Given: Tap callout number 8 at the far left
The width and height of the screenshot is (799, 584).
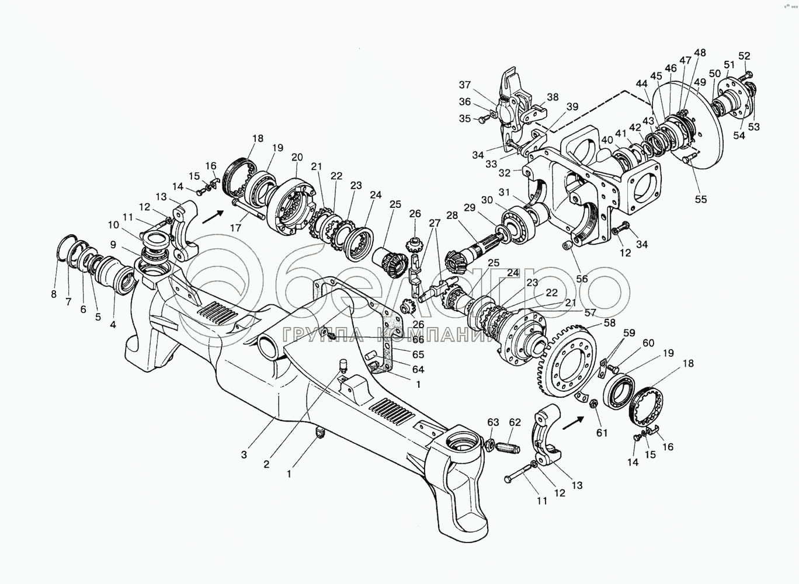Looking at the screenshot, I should tap(53, 294).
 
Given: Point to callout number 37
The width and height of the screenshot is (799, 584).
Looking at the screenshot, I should tap(464, 84).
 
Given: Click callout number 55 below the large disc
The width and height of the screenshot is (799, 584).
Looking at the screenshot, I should tap(700, 199).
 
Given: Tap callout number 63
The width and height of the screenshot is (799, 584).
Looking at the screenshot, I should tap(494, 422).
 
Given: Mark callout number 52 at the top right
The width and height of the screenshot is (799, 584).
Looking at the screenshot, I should tap(744, 56).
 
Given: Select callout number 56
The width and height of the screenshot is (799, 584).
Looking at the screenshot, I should tap(582, 279).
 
